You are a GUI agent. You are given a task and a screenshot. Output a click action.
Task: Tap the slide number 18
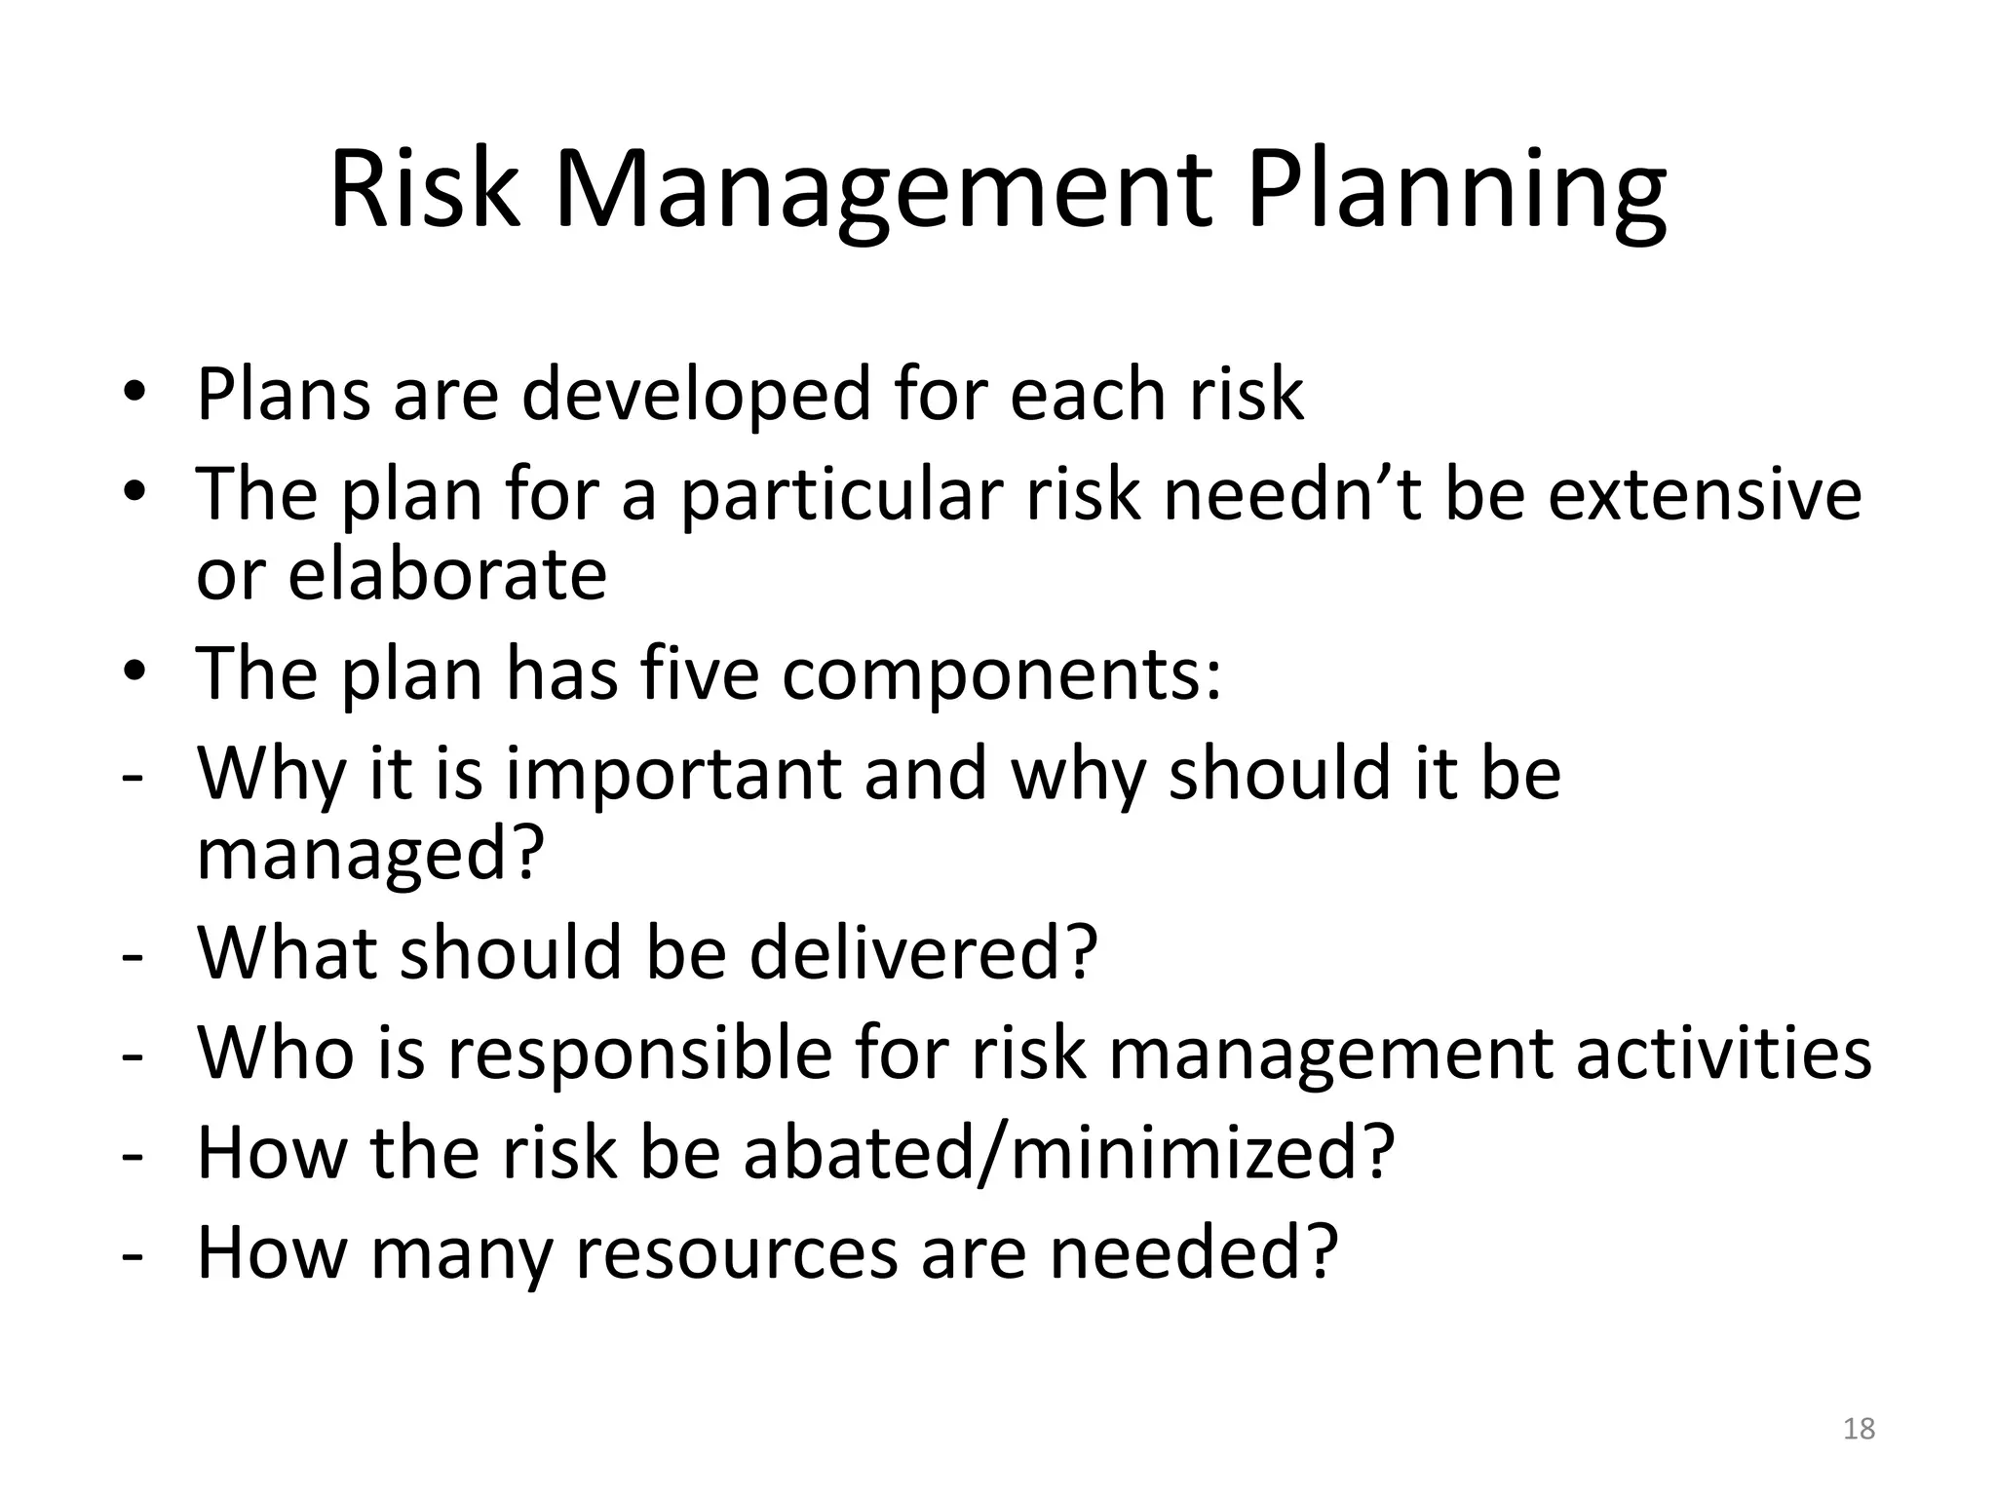coord(1860,1429)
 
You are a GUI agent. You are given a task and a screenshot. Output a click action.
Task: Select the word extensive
coord(1705,494)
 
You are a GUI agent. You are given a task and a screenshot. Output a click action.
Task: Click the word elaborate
coord(447,575)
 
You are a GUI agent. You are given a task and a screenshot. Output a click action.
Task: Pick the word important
coord(672,774)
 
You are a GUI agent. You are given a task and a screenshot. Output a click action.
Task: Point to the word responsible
coord(639,1054)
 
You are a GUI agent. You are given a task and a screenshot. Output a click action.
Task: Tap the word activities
coord(1723,1054)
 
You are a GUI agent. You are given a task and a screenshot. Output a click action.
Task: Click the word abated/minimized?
coord(1069,1153)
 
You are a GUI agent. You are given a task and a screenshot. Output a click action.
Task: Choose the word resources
coord(736,1253)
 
